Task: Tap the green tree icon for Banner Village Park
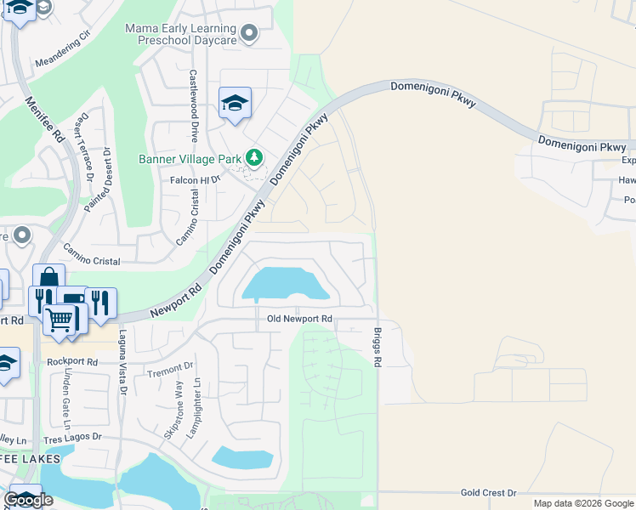[253, 158]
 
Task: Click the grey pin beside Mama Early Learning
[249, 33]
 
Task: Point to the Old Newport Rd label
[299, 320]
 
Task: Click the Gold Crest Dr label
[489, 493]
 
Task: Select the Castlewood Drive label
[194, 105]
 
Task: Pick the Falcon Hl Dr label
[196, 179]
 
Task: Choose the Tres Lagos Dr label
[72, 438]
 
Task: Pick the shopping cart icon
[59, 320]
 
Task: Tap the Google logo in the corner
[28, 500]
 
